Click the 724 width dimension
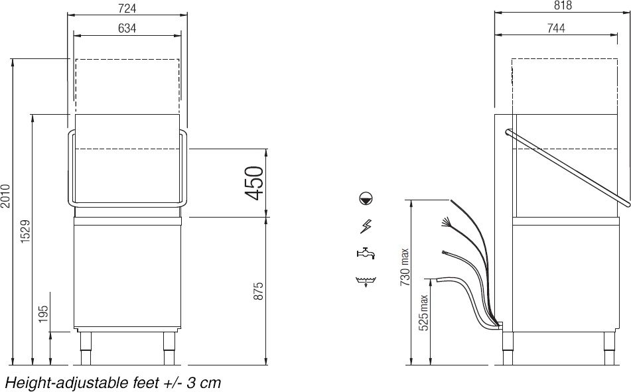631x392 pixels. pyautogui.click(x=127, y=8)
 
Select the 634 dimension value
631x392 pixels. pyautogui.click(x=127, y=28)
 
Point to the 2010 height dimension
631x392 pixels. pyautogui.click(x=5, y=196)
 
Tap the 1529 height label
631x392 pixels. pyautogui.click(x=25, y=231)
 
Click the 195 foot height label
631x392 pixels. pyautogui.click(x=44, y=314)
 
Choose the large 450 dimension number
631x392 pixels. pyautogui.click(x=254, y=183)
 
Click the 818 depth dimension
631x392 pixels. pyautogui.click(x=563, y=5)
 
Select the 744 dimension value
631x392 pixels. pyautogui.click(x=556, y=28)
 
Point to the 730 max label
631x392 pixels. pyautogui.click(x=405, y=267)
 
